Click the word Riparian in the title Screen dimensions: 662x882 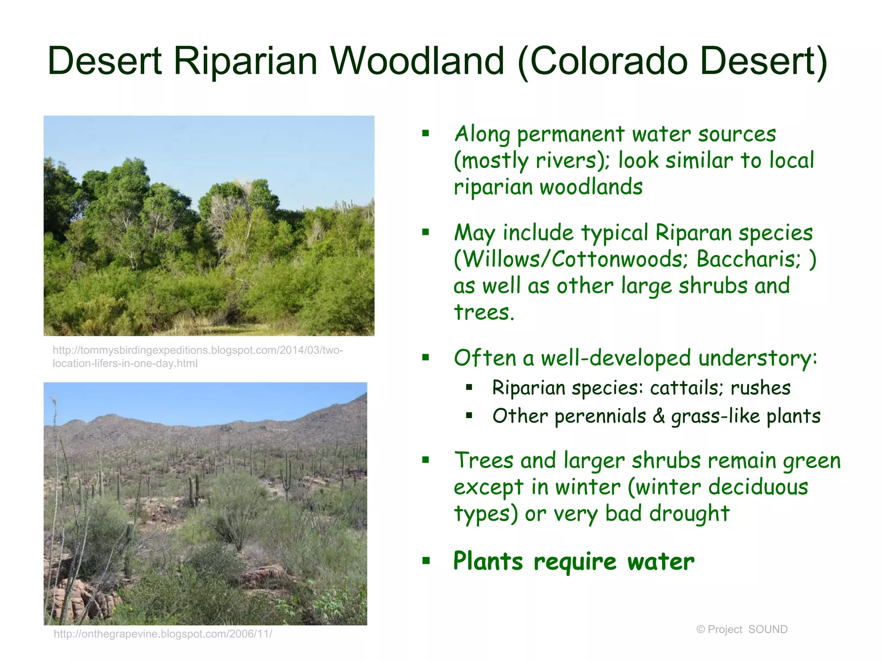pos(245,61)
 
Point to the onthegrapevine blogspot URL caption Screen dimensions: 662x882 pos(163,634)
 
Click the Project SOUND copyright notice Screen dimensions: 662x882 pos(742,629)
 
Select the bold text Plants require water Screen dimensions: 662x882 pos(574,562)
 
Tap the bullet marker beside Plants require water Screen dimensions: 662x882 pos(426,560)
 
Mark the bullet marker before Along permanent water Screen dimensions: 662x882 pos(426,133)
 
